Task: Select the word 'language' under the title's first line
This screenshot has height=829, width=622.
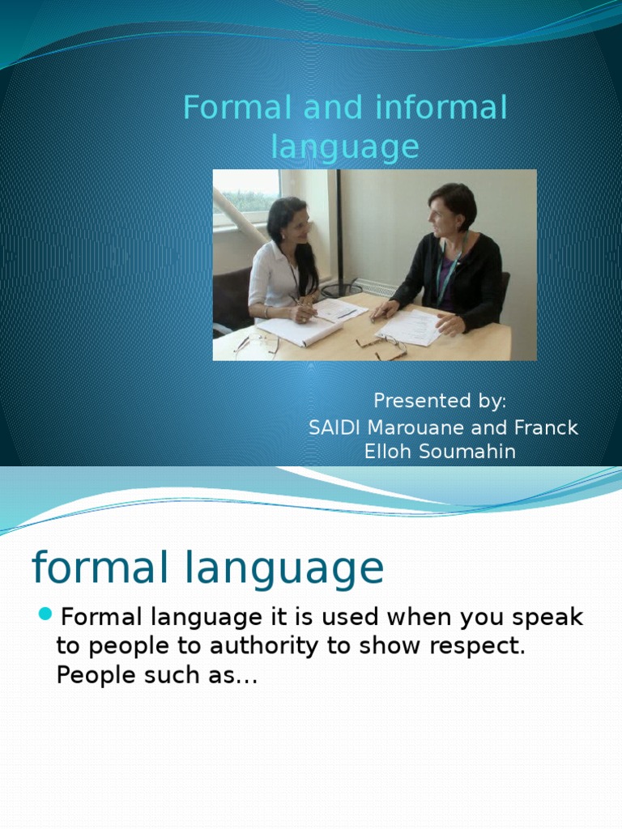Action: click(x=345, y=147)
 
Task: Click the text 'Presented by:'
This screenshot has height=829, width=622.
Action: click(x=440, y=401)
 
